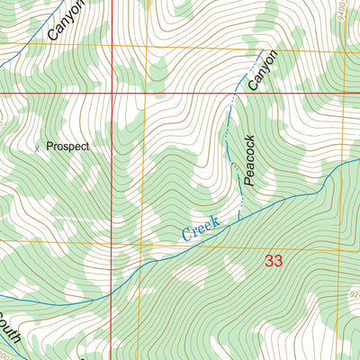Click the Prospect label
[68, 145]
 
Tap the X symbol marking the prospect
[37, 147]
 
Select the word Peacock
[250, 160]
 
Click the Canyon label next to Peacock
[260, 71]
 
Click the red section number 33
[274, 261]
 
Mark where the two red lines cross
[112, 92]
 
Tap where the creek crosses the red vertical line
[112, 284]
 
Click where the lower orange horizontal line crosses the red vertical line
[112, 241]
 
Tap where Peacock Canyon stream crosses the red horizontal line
[235, 92]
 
